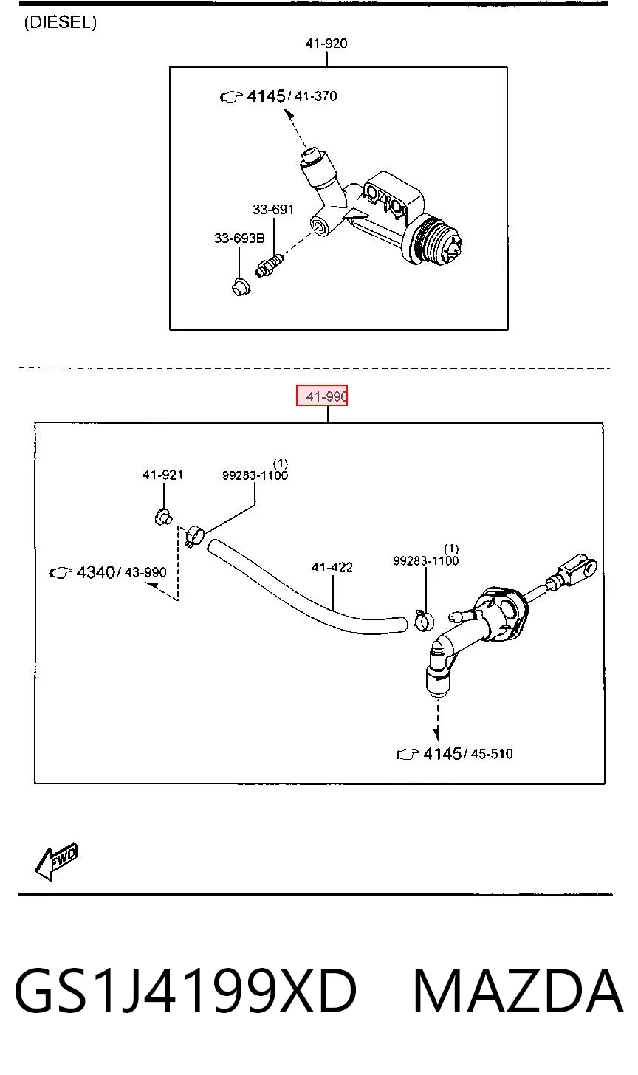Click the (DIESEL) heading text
61,22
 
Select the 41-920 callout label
326,44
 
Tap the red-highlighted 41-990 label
322,396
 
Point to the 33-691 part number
273,210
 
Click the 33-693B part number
239,238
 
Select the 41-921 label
162,475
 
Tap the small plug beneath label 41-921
164,518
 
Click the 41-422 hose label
332,568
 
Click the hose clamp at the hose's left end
194,536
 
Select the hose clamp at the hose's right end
423,620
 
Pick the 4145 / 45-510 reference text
455,754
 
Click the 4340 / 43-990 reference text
109,572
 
